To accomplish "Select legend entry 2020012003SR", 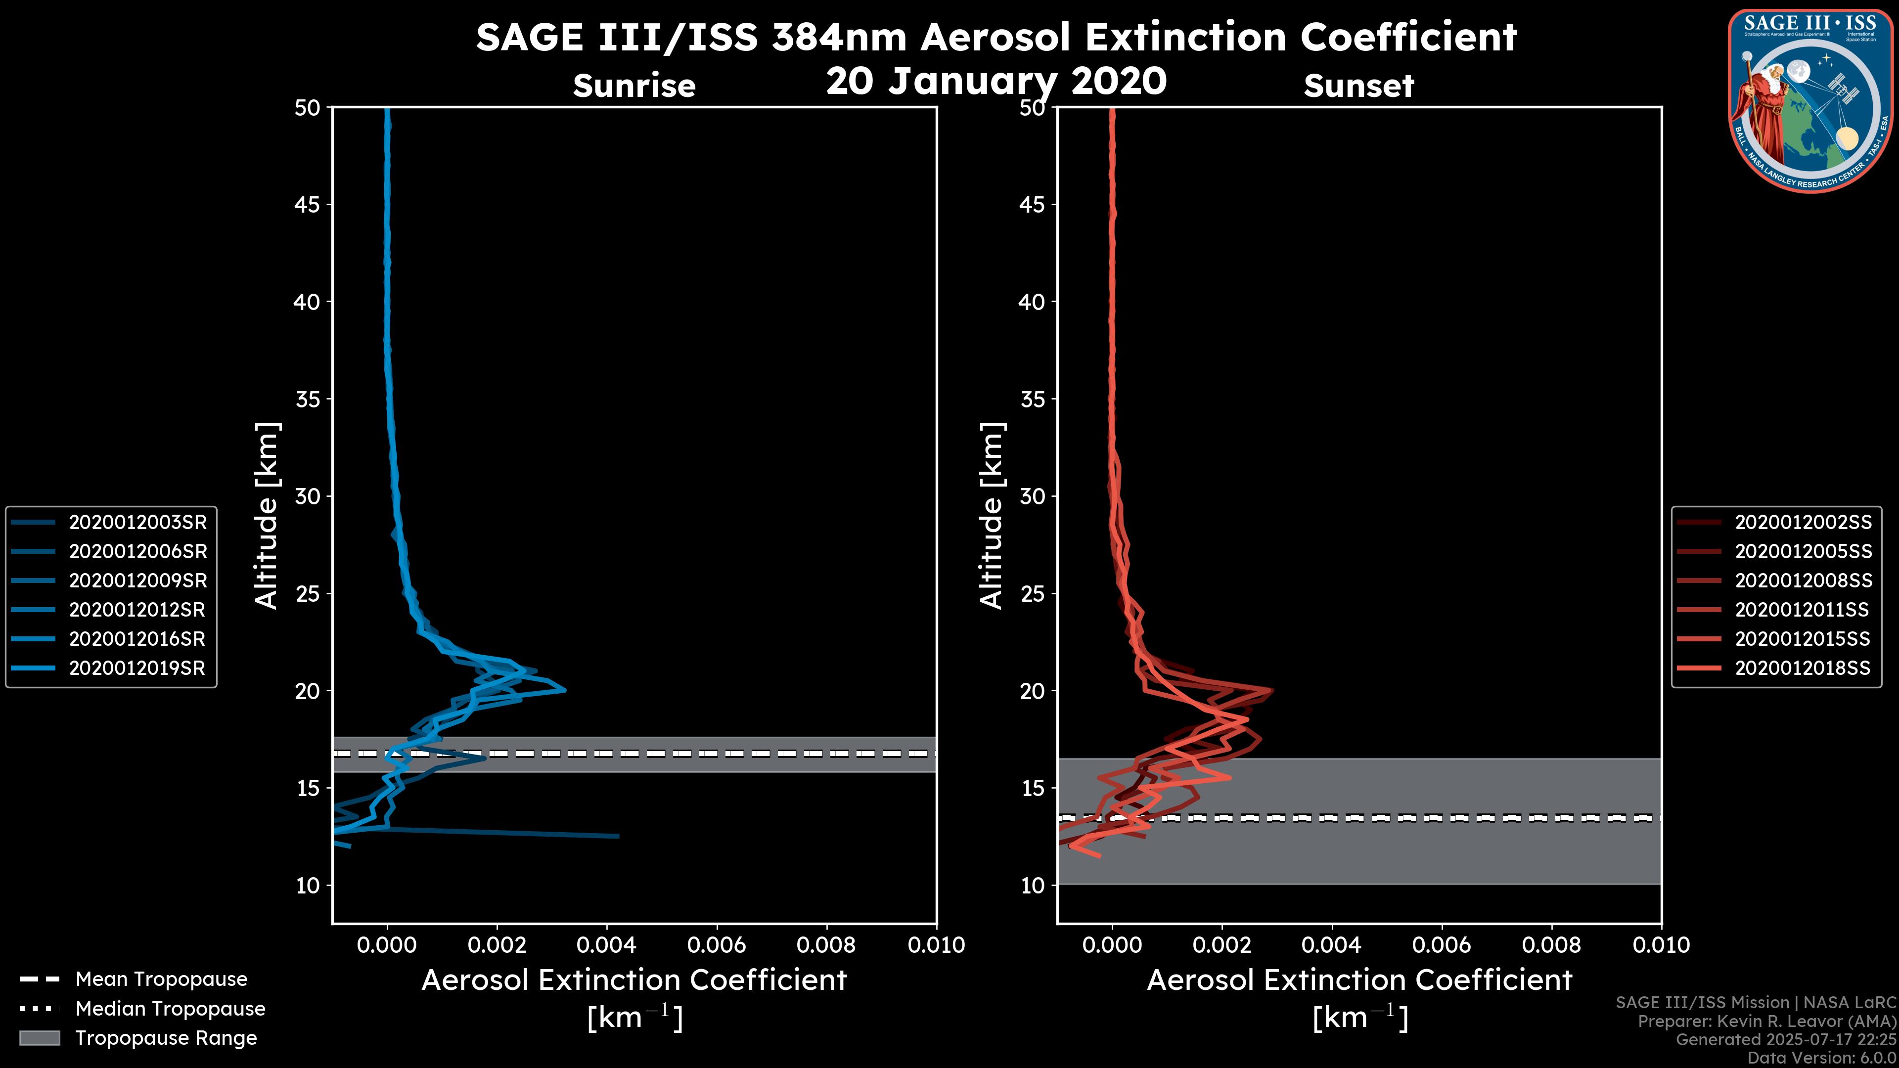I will [137, 522].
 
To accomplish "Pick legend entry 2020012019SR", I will [137, 668].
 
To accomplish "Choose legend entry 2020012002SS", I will [1803, 522].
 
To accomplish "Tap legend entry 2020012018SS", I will [1803, 668].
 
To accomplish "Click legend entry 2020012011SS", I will [1803, 610].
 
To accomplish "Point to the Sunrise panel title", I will [634, 86].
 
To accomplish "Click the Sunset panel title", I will [1358, 86].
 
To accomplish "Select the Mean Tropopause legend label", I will [161, 979].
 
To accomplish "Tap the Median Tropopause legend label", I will [170, 1008].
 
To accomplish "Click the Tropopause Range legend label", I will [166, 1038].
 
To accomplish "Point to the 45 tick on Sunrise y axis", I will [308, 204].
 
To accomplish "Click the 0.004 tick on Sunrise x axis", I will [606, 945].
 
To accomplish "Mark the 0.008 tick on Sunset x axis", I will [1552, 945].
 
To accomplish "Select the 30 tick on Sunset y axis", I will [1032, 496].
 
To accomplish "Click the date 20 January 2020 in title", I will [996, 81].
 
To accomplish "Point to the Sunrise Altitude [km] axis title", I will [267, 515].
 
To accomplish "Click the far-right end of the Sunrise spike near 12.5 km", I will [618, 836].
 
